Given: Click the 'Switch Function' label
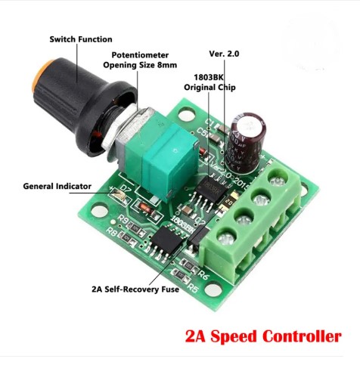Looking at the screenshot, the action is click(81, 39).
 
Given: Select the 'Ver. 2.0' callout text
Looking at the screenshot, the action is click(224, 54).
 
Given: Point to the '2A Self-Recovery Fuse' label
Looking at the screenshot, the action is click(135, 289).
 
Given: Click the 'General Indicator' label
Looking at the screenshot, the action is click(57, 186).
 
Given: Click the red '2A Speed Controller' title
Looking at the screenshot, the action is click(263, 336).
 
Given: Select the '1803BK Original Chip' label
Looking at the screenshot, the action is click(209, 82).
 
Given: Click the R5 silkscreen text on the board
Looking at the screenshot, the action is click(193, 287).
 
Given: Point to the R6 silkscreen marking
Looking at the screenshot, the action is click(203, 274).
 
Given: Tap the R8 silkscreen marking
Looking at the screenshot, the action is click(112, 232).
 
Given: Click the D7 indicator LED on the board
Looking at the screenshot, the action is click(117, 193).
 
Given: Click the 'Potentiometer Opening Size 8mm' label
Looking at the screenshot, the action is click(140, 60).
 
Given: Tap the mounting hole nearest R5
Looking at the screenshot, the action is click(213, 289).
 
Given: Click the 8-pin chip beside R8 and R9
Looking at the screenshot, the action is click(168, 241).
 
